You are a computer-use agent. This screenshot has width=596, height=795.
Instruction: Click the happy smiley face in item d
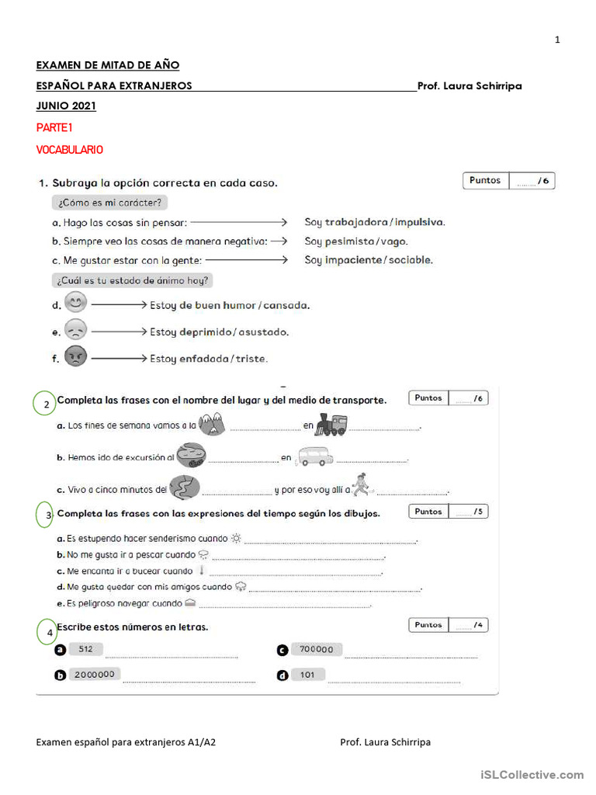coord(76,303)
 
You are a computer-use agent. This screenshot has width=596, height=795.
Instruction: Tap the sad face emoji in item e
coord(76,330)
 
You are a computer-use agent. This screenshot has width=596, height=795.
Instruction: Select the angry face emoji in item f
coord(76,357)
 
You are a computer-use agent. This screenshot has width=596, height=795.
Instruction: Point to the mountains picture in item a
coord(211,423)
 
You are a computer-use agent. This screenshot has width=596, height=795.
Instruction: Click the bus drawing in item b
coord(314,457)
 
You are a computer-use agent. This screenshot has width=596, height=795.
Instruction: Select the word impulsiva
coord(420,222)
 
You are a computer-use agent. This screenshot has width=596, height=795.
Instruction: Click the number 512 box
coord(85,649)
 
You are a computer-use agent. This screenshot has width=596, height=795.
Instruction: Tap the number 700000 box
coord(317,650)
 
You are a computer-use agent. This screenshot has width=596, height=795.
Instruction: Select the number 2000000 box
coord(94,674)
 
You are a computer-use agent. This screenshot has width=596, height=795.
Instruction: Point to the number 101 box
coord(308,674)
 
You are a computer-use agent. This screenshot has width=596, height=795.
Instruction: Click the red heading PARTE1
coord(54,127)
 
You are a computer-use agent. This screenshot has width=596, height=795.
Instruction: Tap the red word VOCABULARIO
coord(70,150)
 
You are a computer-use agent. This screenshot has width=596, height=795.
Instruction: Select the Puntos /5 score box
coord(448,512)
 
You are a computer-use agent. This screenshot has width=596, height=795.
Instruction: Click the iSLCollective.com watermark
coord(532,774)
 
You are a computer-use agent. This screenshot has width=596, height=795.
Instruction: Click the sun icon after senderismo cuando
coord(237,538)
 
